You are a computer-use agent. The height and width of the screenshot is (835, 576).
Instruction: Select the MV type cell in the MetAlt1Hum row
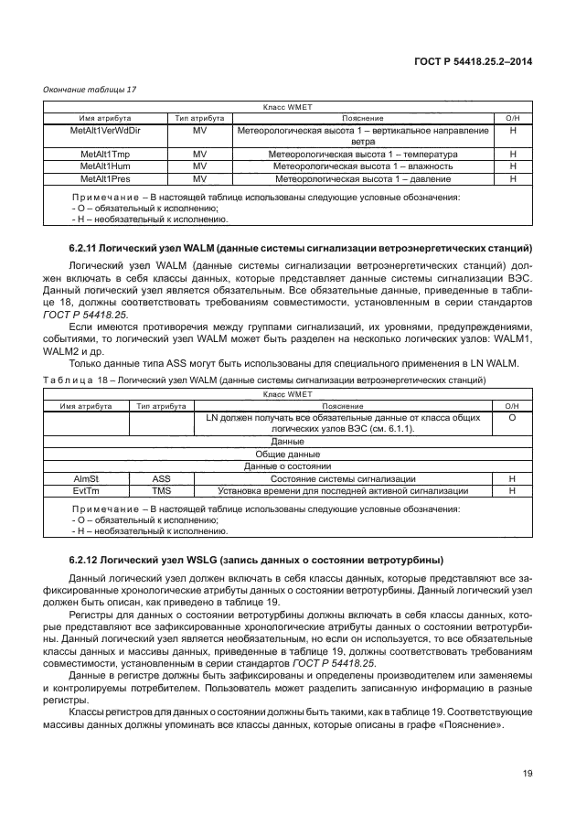(x=197, y=166)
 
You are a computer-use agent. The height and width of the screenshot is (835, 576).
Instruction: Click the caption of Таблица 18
(x=264, y=379)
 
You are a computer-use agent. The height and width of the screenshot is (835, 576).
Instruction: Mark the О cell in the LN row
(x=512, y=416)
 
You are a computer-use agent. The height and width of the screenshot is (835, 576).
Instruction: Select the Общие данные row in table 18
(x=287, y=454)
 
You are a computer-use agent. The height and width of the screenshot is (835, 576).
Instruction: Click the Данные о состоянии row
(x=287, y=466)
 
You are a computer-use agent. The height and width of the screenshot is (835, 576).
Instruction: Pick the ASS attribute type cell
(x=161, y=478)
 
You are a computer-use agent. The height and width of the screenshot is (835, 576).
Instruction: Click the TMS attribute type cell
(x=161, y=490)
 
